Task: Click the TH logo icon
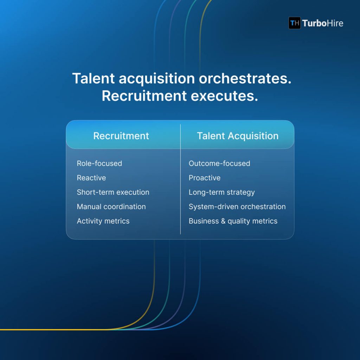[295, 23]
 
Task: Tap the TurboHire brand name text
[323, 24]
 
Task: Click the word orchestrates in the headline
[245, 79]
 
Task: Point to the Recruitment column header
[121, 136]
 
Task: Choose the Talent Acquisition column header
[238, 136]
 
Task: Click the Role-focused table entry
[99, 163]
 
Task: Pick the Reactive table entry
[91, 178]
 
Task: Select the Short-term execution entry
[113, 192]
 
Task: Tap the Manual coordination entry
[111, 207]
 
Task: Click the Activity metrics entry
[103, 221]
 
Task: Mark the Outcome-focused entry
[219, 163]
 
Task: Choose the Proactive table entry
[205, 178]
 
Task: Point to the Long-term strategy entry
[221, 192]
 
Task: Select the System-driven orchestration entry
[237, 207]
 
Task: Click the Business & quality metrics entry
[233, 221]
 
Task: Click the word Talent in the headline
[93, 79]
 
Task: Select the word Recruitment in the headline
[143, 96]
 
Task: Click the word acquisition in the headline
[156, 79]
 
